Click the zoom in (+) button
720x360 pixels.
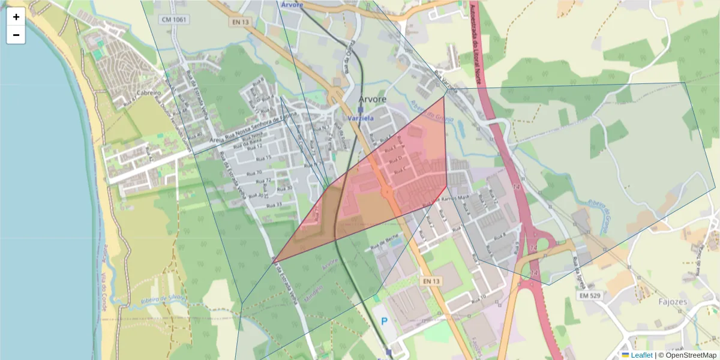click(16, 17)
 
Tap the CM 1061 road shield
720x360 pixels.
click(173, 20)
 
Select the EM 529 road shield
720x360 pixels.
click(590, 295)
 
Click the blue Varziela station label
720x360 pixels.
click(361, 119)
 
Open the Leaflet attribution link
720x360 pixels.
click(641, 355)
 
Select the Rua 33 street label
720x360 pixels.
click(274, 205)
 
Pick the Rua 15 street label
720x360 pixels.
click(265, 158)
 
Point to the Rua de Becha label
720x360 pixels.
click(382, 245)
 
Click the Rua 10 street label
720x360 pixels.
click(478, 296)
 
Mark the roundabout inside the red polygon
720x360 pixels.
click(386, 193)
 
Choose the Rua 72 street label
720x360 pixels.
click(265, 181)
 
